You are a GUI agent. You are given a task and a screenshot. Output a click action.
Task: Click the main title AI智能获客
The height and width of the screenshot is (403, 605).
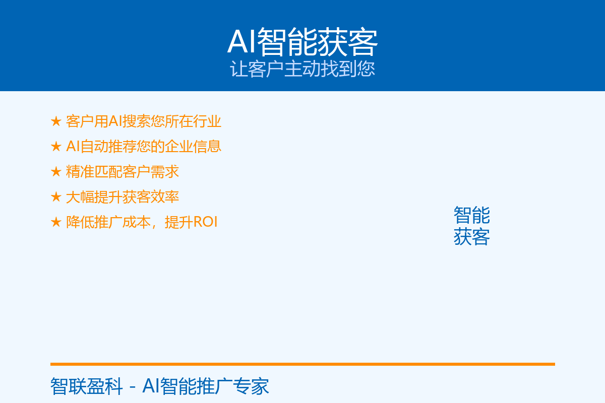tap(302, 42)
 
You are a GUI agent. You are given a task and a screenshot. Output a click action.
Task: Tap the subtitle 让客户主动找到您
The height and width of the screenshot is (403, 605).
tap(302, 69)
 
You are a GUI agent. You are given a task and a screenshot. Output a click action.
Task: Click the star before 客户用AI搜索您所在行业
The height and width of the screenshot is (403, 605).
tap(56, 121)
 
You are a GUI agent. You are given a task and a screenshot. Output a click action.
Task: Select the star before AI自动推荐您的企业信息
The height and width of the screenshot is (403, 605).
tap(56, 146)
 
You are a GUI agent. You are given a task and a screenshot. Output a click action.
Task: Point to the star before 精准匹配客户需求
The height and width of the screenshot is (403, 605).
tap(56, 172)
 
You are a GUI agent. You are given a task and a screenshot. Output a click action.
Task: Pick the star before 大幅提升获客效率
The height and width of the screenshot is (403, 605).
tap(56, 197)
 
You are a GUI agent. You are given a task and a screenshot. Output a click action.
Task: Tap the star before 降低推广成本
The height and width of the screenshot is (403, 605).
tap(56, 222)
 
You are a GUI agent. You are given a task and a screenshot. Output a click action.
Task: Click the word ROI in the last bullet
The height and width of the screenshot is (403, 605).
tap(205, 222)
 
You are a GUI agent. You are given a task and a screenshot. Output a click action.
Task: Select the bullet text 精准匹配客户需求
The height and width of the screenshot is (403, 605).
tap(123, 172)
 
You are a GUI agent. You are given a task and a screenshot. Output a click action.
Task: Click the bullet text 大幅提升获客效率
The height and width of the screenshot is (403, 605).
tap(123, 197)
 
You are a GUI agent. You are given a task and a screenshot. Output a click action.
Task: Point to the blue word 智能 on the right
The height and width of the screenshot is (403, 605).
tap(471, 215)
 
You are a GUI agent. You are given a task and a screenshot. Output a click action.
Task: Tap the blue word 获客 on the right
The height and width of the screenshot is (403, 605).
tap(471, 237)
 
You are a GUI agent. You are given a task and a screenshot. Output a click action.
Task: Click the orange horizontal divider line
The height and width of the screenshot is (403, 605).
tap(302, 364)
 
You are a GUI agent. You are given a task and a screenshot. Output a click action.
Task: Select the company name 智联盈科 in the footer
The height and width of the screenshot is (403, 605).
tap(86, 386)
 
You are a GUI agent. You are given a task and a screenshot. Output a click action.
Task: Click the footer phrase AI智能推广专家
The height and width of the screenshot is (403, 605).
tap(206, 386)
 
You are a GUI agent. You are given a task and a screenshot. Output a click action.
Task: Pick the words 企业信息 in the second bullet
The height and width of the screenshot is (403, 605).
tap(193, 146)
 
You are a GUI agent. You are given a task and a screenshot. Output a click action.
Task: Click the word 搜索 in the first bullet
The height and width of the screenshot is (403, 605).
tap(137, 121)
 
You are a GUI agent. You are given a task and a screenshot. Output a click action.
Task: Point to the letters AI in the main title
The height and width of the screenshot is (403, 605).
tap(241, 42)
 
